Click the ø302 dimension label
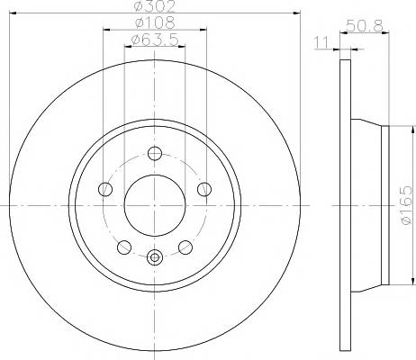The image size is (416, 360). point(154,6)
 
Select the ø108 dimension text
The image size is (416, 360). point(155,22)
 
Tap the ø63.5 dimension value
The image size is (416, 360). point(155,40)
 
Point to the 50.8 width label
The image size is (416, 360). point(365,25)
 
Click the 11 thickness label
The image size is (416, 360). point(321,42)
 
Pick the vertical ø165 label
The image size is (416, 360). point(406,205)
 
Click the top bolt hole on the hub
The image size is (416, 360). point(155,154)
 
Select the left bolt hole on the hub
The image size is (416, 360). point(105,189)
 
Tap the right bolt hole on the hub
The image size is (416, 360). point(204,189)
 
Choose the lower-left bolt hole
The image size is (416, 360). point(124,247)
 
